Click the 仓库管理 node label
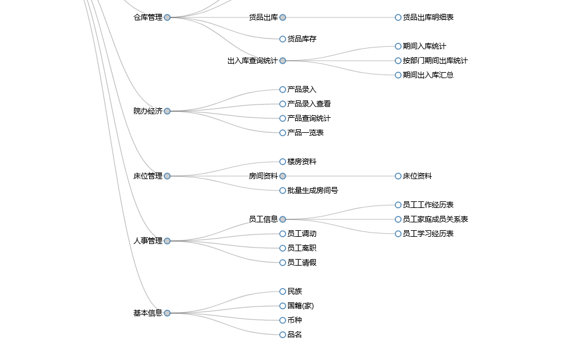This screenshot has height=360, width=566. coord(148,17)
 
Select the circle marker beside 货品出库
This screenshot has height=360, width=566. coord(283,17)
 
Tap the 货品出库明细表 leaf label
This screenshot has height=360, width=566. coord(428,17)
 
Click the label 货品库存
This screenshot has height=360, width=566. coord(302,39)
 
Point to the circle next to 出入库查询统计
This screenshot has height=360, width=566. coord(283,61)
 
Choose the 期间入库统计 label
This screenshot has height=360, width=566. coord(425,46)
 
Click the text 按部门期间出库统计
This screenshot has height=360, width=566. coord(435,61)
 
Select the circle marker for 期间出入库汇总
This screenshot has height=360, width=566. coord(398,75)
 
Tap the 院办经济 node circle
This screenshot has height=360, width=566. coord(167,111)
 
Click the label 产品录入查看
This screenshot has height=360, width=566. coord(309,104)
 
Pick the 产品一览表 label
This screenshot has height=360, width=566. coord(306,133)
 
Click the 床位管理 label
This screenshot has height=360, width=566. coord(148,176)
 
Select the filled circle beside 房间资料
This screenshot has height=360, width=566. coord(283,176)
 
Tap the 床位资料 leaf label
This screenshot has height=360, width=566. coord(417,176)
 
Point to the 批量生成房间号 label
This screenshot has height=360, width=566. coord(313,191)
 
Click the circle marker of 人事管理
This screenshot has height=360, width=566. coord(167,241)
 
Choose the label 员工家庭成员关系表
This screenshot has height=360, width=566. coord(435,219)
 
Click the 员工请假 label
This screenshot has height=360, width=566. coord(302,263)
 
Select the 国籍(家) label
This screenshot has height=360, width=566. coord(301,306)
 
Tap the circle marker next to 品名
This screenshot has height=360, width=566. coord(283,335)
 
